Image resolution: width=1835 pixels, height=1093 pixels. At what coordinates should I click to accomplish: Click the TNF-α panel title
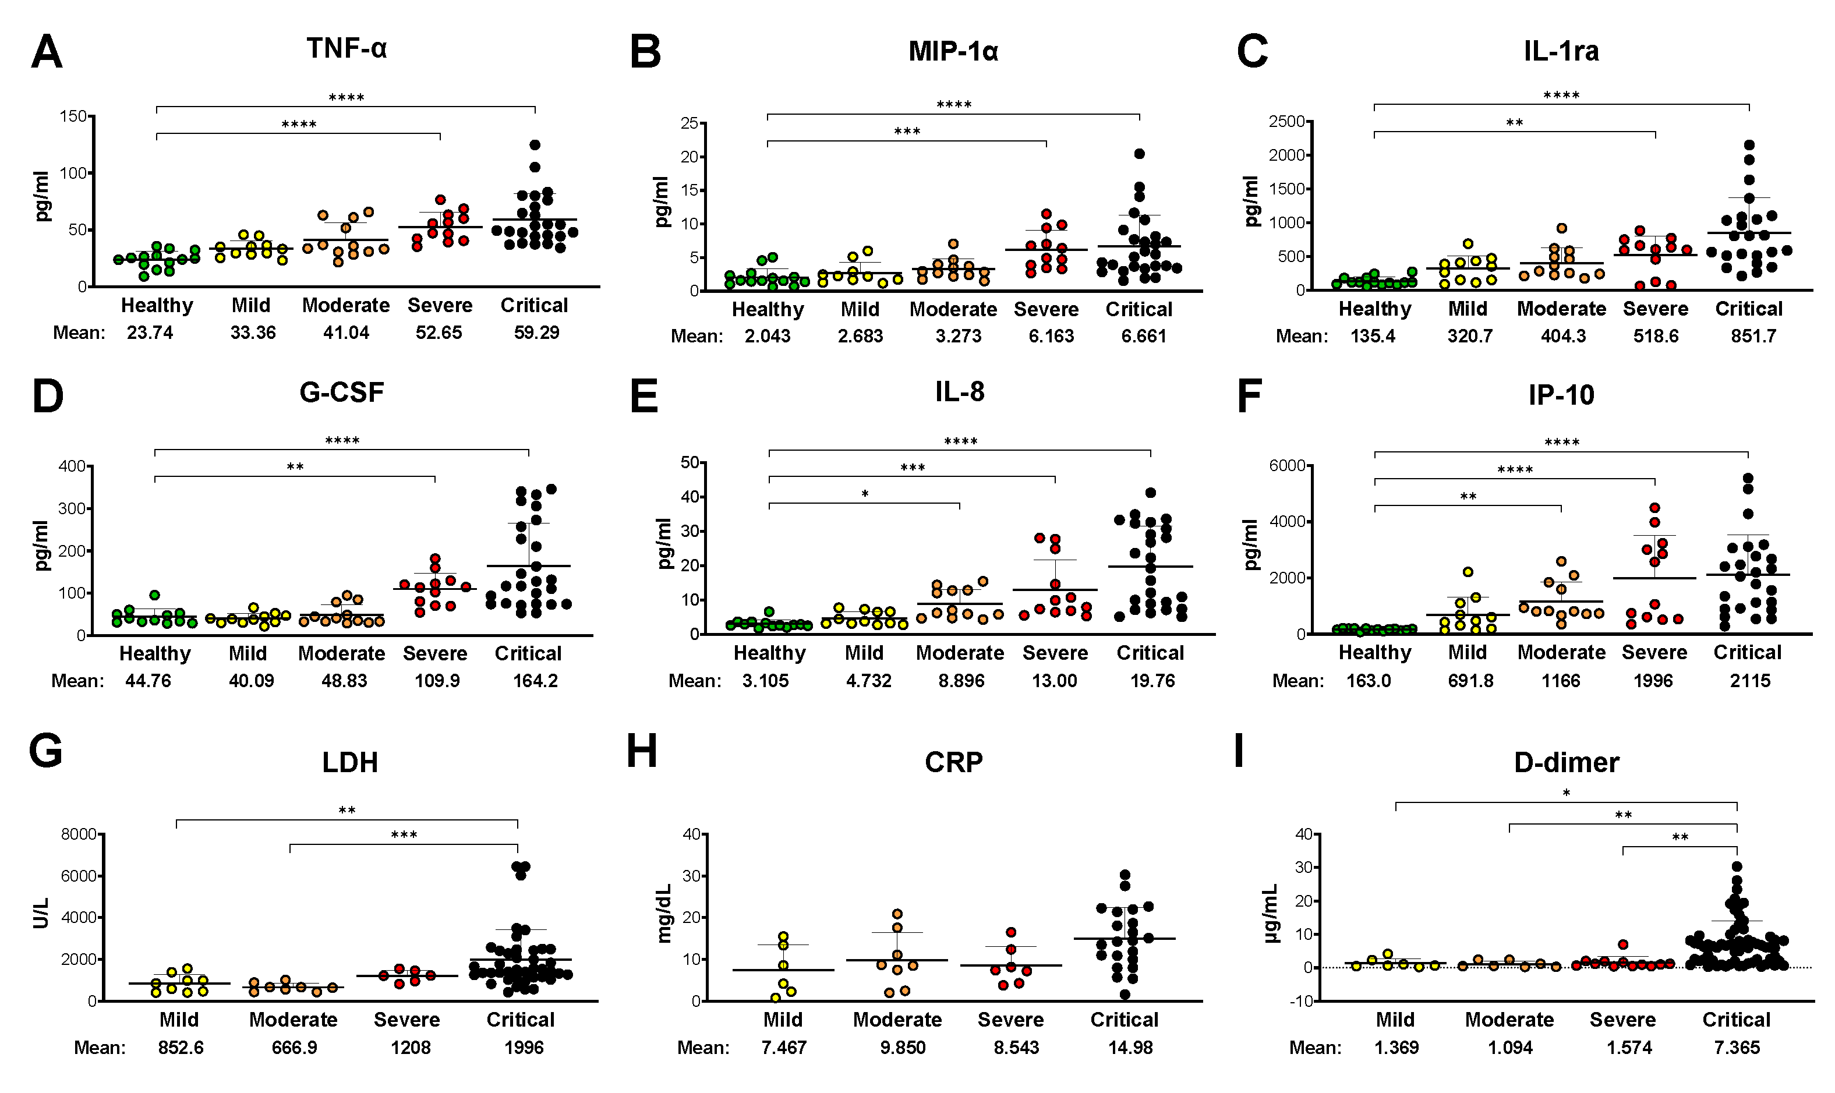point(346,48)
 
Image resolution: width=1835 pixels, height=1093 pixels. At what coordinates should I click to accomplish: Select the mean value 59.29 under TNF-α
point(536,333)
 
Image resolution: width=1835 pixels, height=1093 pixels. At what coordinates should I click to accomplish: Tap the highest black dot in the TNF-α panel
point(535,145)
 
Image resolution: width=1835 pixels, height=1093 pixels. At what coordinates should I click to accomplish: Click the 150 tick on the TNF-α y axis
point(73,116)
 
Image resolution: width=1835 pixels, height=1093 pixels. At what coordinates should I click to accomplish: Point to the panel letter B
point(645,52)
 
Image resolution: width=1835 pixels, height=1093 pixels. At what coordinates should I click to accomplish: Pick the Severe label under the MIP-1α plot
point(1046,309)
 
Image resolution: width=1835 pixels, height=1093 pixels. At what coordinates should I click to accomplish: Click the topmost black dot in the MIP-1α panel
point(1139,154)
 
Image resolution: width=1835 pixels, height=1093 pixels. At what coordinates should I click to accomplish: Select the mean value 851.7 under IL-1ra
point(1753,337)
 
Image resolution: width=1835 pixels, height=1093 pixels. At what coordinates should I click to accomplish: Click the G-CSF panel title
point(342,392)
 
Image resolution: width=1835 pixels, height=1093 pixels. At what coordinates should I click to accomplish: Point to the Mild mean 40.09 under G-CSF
point(251,681)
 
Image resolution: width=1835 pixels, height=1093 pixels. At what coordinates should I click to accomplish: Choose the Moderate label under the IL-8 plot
point(960,653)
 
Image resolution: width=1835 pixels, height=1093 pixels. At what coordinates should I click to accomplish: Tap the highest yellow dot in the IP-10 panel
point(1467,572)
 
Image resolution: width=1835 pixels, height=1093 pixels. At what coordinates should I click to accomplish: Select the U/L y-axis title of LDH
point(41,912)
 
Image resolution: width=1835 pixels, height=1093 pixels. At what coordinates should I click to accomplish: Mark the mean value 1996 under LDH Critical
point(524,1048)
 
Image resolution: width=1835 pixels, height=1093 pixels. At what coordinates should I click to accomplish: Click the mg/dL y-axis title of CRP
point(664,912)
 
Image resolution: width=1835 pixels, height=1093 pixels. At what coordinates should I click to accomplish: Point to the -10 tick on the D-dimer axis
point(1303,1002)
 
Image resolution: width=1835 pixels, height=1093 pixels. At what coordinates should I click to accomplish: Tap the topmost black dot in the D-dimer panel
point(1737,867)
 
